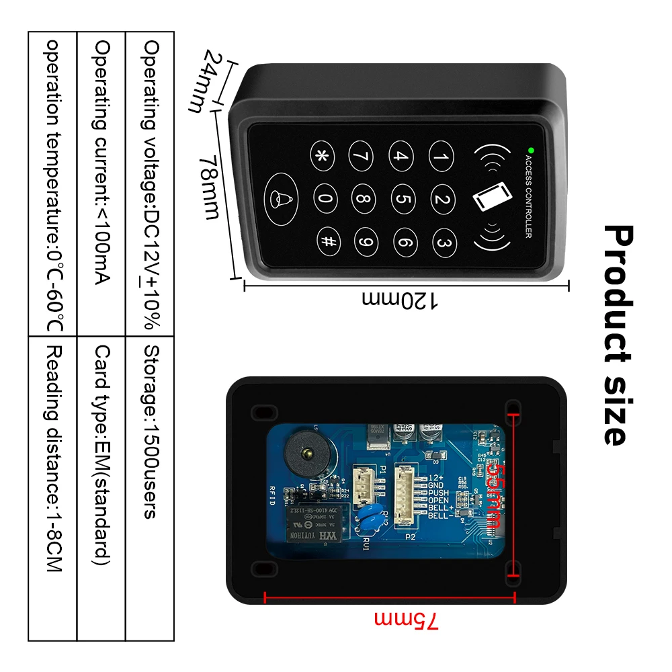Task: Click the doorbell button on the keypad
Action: tap(278, 198)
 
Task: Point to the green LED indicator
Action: tap(530, 149)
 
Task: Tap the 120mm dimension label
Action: tap(401, 300)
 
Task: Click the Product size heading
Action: tap(618, 335)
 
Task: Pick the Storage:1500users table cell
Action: tap(150, 430)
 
